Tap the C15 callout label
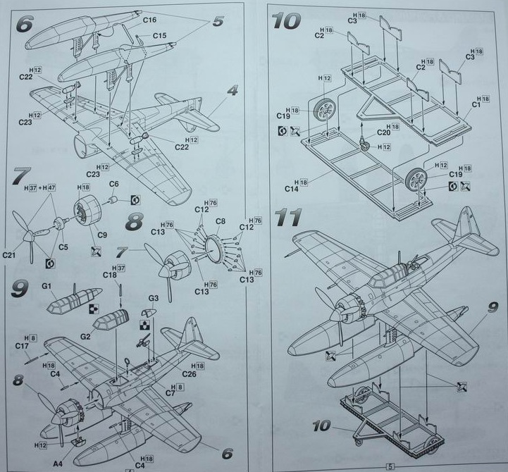159,35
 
